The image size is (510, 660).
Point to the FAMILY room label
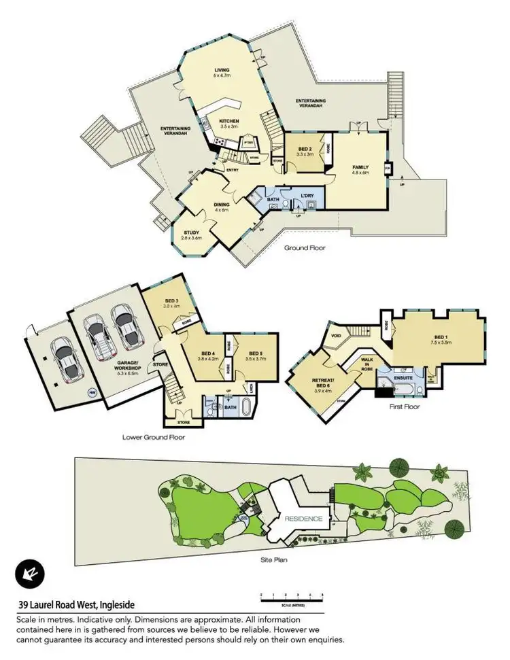click(360, 167)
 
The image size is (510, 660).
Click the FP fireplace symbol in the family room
click(388, 168)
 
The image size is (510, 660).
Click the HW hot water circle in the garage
click(92, 392)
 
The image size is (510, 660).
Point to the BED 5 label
click(256, 353)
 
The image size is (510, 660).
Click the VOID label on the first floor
click(336, 334)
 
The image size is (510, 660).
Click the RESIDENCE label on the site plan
click(303, 518)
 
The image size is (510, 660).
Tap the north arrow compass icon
click(30, 573)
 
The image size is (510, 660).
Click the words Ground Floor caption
click(305, 248)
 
